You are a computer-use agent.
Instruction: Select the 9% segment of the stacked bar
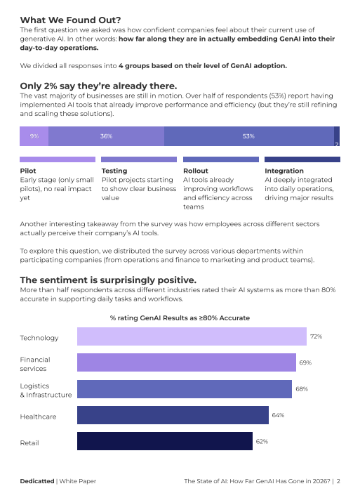coord(34,136)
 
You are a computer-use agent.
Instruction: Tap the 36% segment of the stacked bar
coord(106,136)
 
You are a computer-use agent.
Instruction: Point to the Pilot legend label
coord(28,171)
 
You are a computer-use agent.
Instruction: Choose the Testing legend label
coord(114,171)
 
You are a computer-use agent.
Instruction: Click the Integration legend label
coord(284,171)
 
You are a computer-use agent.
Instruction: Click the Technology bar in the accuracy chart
coord(192,337)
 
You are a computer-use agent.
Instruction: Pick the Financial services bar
coord(186,362)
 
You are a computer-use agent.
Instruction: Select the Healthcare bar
coord(173,415)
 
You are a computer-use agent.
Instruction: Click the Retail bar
coord(164,441)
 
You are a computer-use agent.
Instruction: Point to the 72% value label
coord(316,337)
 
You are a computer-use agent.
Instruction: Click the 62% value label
coord(262,441)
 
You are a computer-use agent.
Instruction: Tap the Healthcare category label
coord(39,417)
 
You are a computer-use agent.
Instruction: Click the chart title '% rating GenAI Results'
coord(180,318)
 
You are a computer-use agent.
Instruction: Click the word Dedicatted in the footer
coord(36,482)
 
